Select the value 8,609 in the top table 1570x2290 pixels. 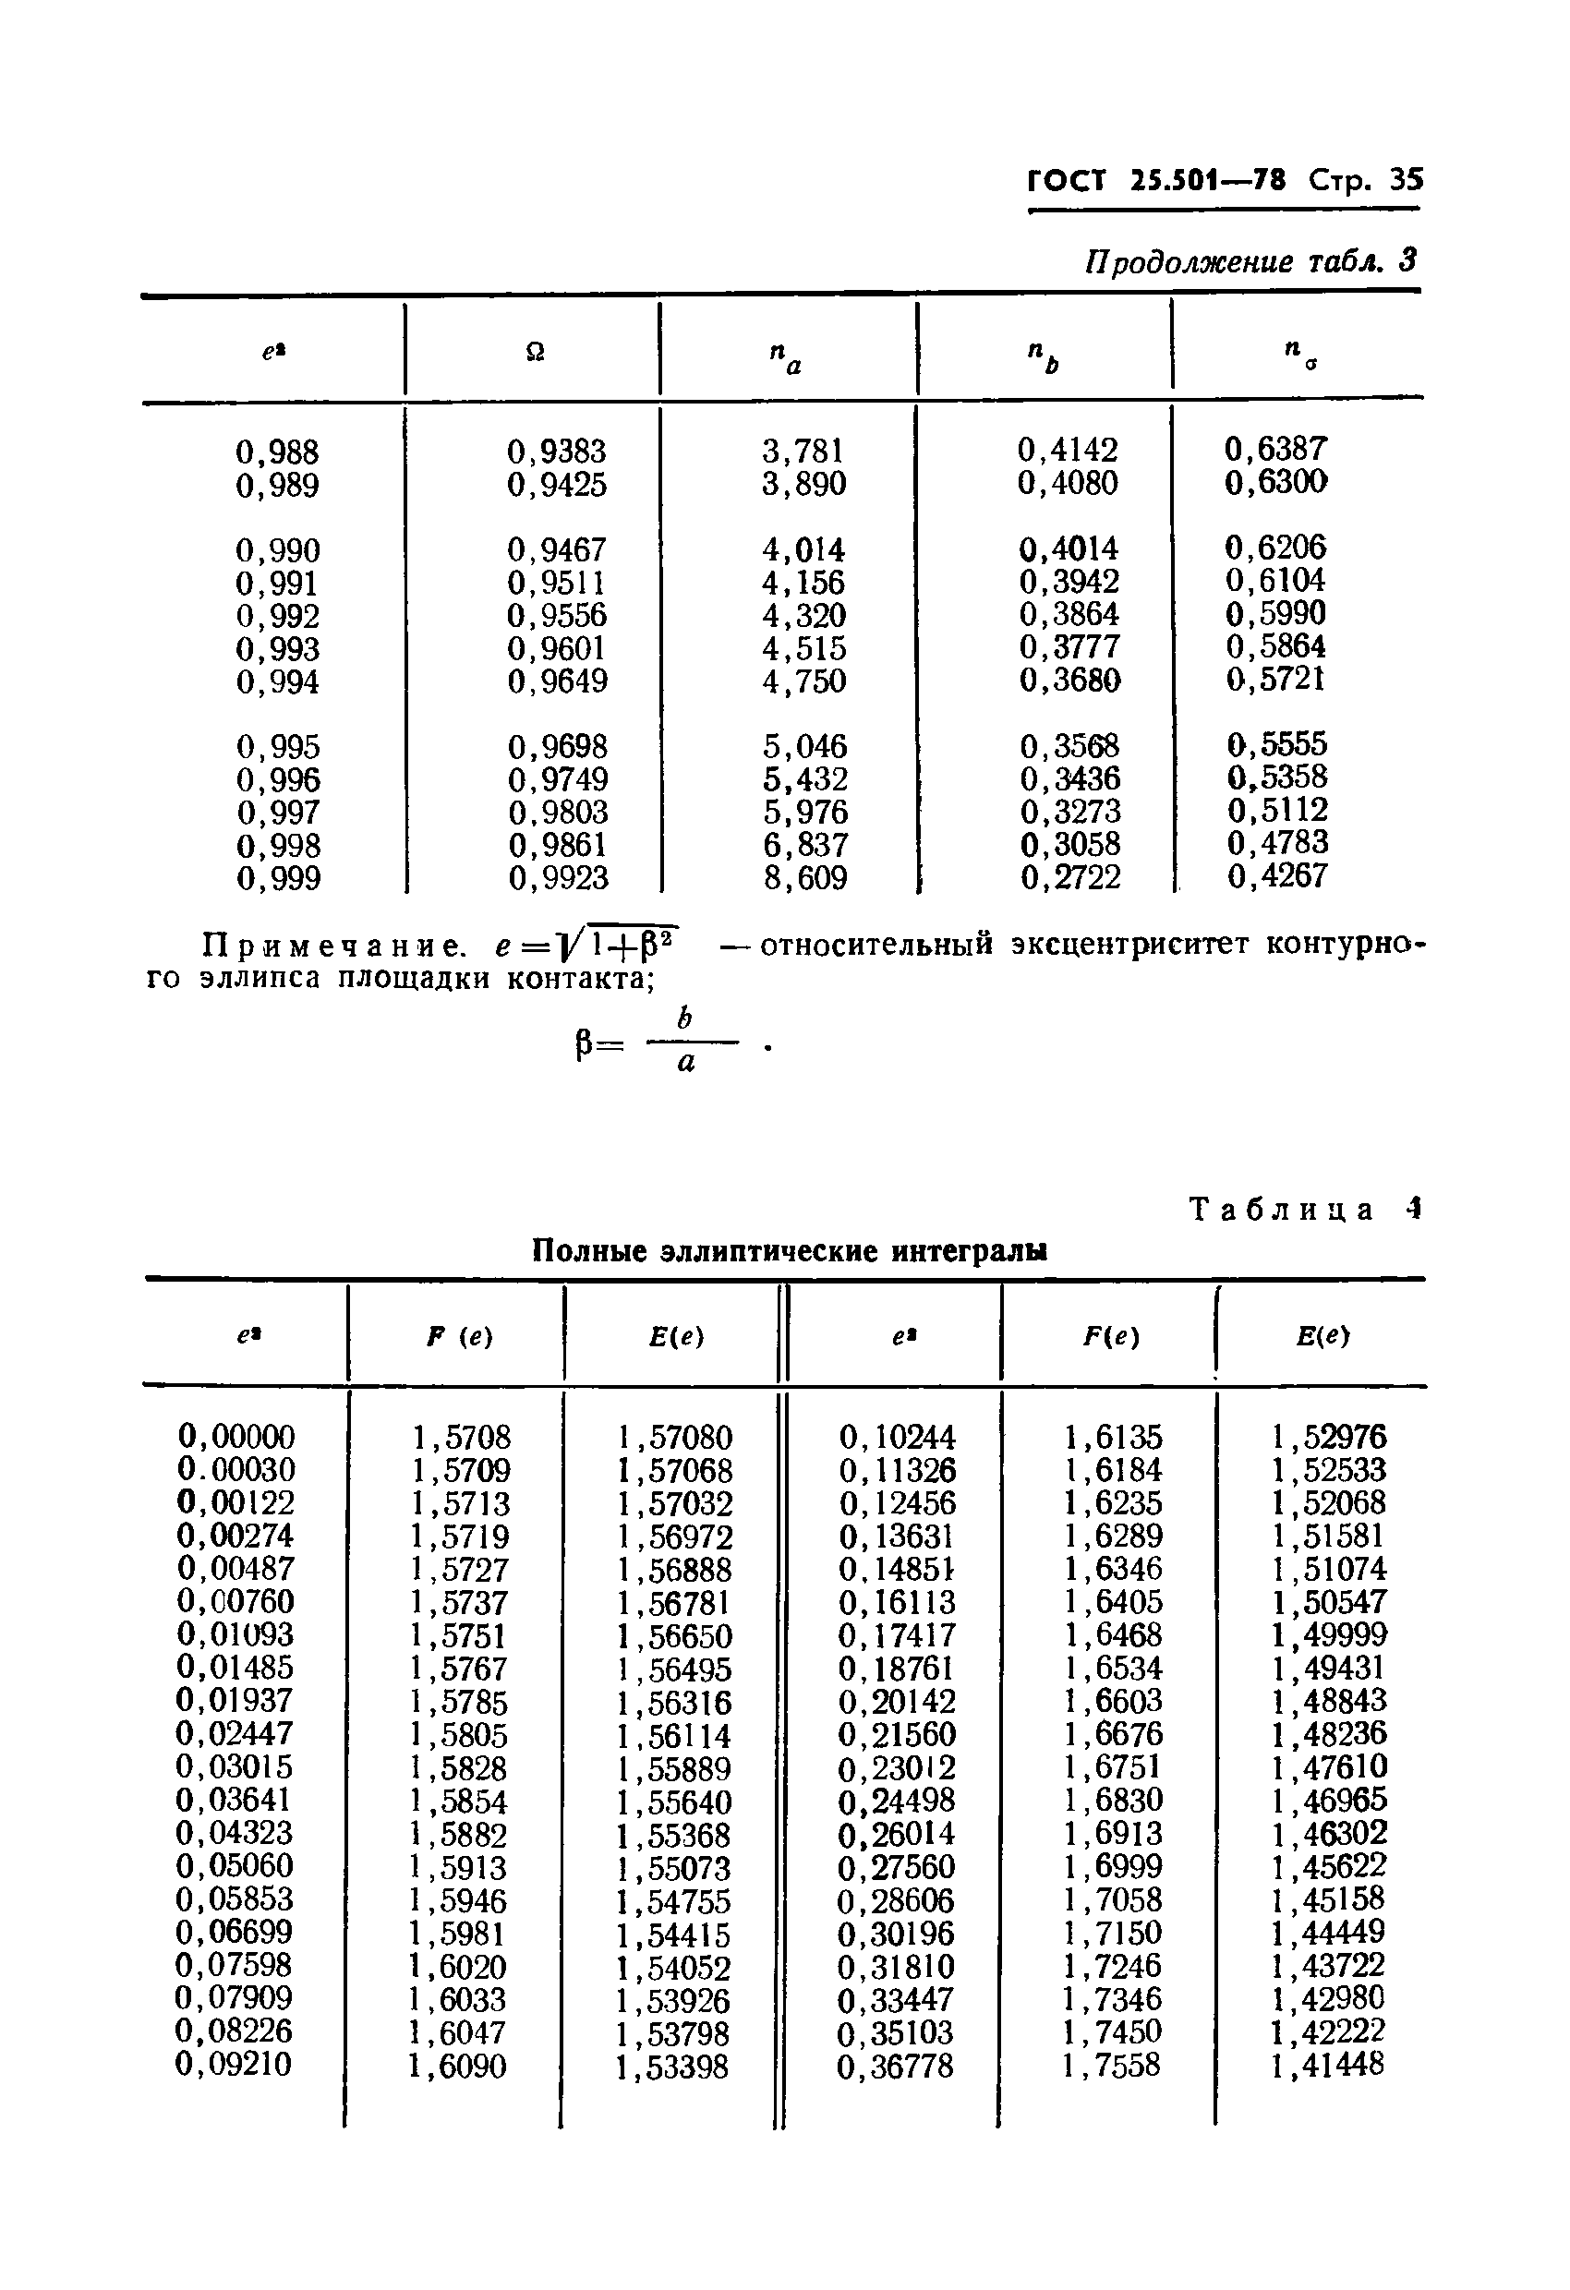tap(805, 878)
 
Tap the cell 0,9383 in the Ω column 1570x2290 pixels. tap(557, 452)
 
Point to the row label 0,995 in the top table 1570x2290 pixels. tap(278, 747)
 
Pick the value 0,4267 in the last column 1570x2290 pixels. tap(1277, 876)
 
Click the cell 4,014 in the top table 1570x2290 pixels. tap(803, 549)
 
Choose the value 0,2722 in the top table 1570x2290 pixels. tap(1070, 877)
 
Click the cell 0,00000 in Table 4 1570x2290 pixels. tap(236, 1437)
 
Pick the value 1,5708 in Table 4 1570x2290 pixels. tap(461, 1438)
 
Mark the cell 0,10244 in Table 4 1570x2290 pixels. tap(897, 1438)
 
